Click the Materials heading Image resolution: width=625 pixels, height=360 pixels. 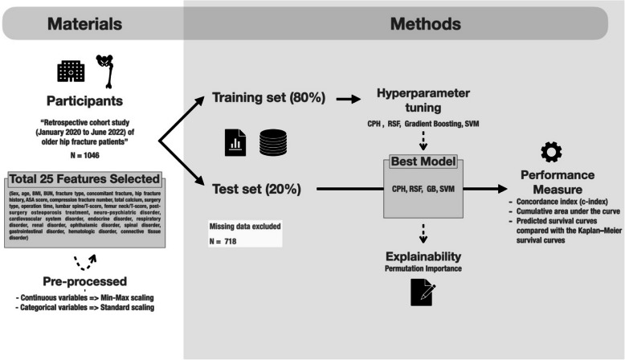pyautogui.click(x=92, y=24)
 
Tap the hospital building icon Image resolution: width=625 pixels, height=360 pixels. pyautogui.click(x=71, y=72)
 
